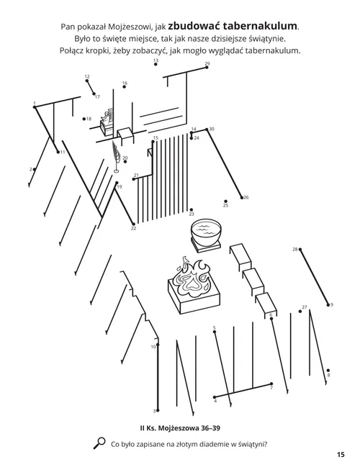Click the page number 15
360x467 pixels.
(x=340, y=454)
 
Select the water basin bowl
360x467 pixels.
(x=206, y=233)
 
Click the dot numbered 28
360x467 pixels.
(x=300, y=250)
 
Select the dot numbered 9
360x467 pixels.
(x=328, y=305)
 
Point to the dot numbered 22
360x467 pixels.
(x=133, y=223)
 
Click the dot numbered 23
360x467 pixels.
(x=191, y=209)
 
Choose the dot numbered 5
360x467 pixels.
(x=214, y=332)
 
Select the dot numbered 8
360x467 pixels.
(x=328, y=369)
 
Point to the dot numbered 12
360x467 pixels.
(x=89, y=81)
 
